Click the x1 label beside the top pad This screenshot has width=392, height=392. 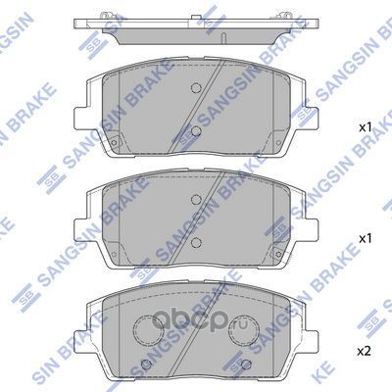[364, 128]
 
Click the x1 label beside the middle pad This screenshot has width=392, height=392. [364, 238]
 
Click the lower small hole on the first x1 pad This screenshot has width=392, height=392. [195, 130]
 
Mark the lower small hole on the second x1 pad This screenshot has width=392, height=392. [195, 241]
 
